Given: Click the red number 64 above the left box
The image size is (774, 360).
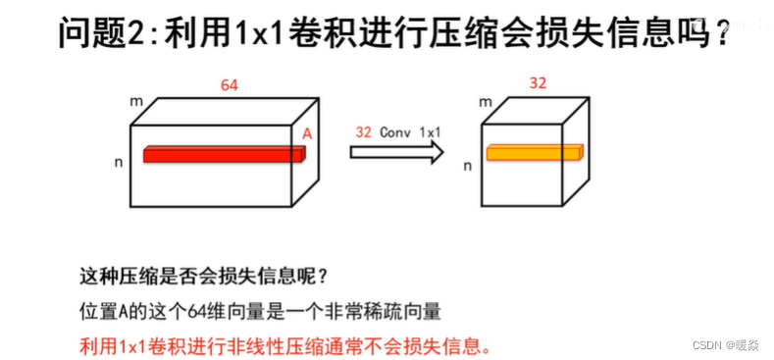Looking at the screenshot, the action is tap(230, 86).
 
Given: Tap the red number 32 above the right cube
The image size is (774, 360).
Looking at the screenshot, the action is tap(538, 83).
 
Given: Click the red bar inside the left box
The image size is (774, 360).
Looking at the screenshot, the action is tap(225, 154).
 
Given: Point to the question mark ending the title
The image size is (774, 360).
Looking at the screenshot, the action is tap(722, 35).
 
